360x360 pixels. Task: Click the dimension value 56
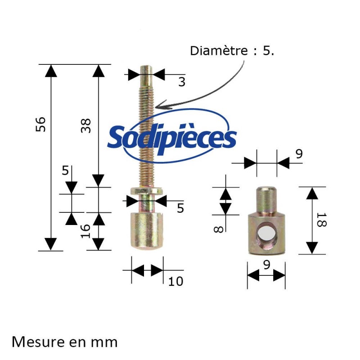click(40, 124)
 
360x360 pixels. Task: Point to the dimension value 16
click(86, 231)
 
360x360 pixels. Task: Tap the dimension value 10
click(175, 282)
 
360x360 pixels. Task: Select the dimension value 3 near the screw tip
click(181, 82)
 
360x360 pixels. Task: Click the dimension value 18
click(320, 220)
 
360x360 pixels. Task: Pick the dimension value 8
click(217, 229)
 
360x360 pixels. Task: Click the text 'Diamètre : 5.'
click(232, 50)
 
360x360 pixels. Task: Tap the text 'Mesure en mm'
click(64, 342)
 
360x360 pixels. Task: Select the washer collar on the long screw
click(146, 192)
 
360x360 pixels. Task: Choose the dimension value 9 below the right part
click(266, 265)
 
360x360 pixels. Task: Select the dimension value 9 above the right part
click(299, 154)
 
